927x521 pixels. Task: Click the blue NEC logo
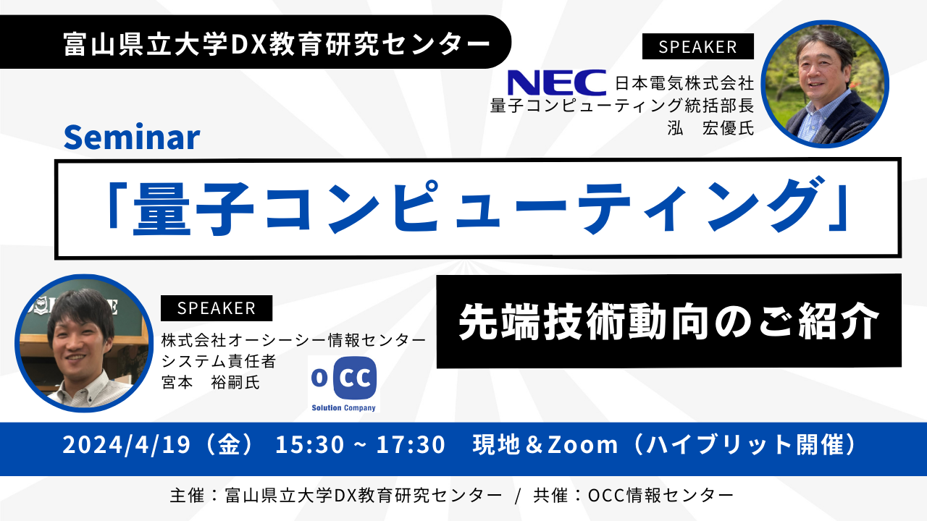(x=556, y=82)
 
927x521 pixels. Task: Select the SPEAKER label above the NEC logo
(x=697, y=47)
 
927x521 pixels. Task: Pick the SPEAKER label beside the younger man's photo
(x=217, y=308)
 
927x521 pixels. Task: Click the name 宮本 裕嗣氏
(x=210, y=381)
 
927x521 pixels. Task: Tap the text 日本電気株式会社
(x=684, y=83)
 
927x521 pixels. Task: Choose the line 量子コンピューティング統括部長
(x=622, y=106)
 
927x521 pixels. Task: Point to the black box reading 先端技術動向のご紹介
(x=668, y=321)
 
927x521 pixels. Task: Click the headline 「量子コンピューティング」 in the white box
(x=477, y=208)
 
